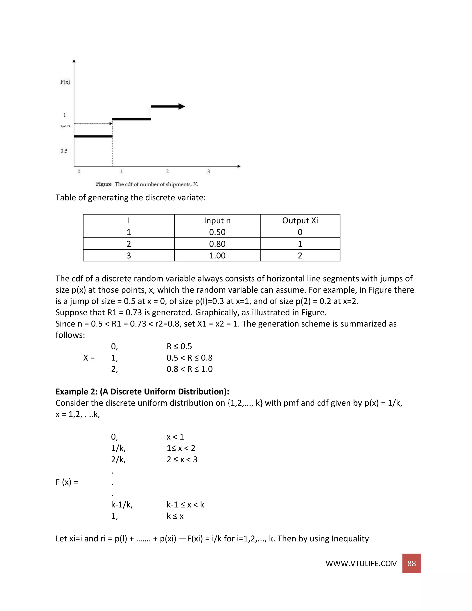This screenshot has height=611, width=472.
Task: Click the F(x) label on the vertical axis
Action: tap(65, 82)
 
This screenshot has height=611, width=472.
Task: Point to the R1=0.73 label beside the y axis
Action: tap(65, 126)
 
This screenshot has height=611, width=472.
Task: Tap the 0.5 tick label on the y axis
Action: tap(64, 151)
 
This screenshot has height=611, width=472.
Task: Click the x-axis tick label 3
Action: tap(208, 172)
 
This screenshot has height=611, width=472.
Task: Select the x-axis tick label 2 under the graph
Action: tap(167, 172)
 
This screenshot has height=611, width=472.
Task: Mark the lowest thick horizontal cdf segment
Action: tap(93, 136)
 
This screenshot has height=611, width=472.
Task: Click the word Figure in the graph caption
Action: tap(103, 184)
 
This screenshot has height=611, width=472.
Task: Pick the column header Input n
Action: tap(217, 220)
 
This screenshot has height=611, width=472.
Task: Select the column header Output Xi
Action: tap(300, 220)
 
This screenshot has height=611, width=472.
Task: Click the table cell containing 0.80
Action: tap(217, 244)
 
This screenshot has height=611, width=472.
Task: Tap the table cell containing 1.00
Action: tap(217, 256)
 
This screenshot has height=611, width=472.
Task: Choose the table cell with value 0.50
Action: tap(217, 232)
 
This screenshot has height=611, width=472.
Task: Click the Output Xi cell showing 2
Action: tap(300, 256)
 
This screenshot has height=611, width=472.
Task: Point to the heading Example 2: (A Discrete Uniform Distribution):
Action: tap(142, 392)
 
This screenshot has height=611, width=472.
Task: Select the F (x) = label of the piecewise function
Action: tap(67, 482)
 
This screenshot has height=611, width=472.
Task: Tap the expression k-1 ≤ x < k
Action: tap(185, 505)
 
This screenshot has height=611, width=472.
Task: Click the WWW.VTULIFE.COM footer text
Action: tap(361, 564)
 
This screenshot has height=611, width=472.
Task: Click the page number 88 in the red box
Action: tap(411, 564)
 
